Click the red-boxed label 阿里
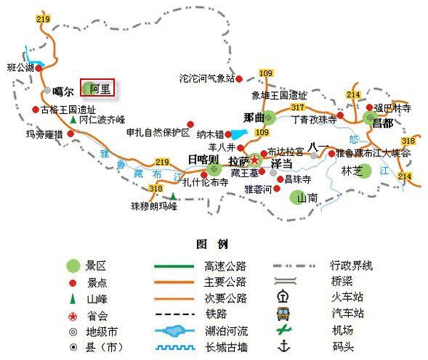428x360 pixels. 99,89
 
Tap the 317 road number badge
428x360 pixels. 297,107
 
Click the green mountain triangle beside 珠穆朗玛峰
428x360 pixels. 173,196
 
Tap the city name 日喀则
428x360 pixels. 202,159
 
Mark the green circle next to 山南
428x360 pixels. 298,197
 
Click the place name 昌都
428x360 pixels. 382,124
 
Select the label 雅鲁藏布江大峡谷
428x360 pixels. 376,153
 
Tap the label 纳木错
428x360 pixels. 210,134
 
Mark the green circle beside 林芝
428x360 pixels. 365,171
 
